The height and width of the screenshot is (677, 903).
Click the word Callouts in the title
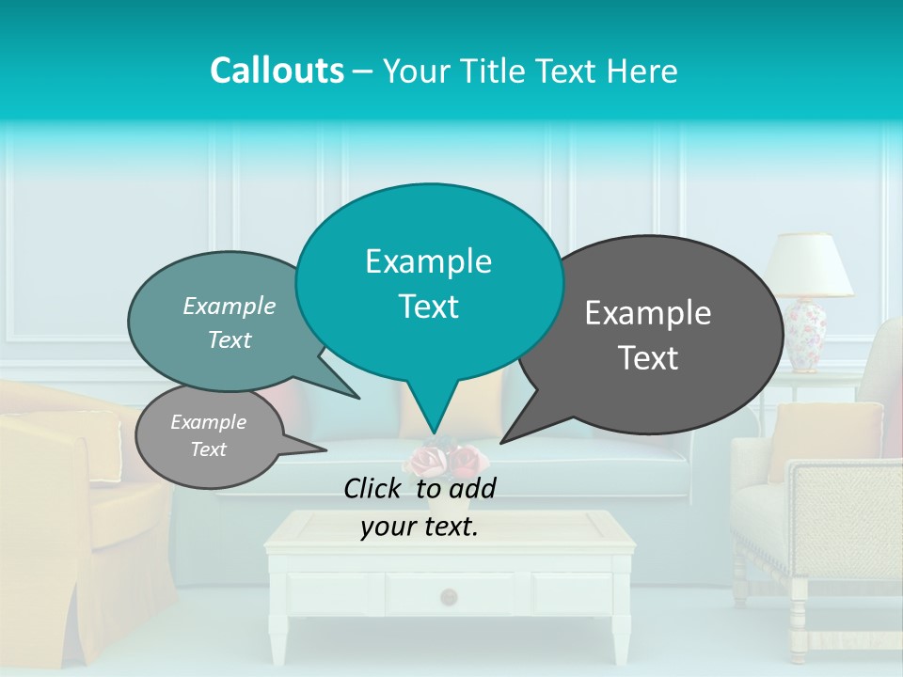coord(277,71)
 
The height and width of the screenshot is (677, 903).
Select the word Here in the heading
coord(642,71)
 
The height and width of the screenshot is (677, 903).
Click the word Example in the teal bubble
coord(428,261)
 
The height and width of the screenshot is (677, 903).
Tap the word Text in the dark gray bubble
coord(648,358)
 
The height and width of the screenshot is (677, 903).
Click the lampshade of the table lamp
coord(808,264)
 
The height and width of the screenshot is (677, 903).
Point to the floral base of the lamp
coord(806,335)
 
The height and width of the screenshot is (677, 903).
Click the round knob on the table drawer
coord(449,595)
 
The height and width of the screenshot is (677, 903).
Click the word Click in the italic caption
coord(375,488)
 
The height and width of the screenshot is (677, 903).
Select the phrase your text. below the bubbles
coord(419,527)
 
